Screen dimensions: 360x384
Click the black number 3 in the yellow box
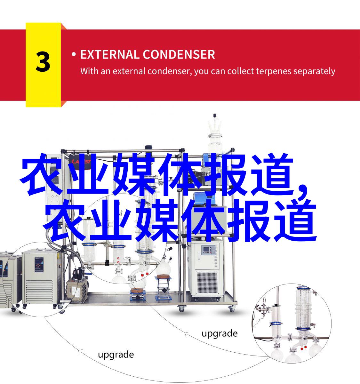(x=43, y=62)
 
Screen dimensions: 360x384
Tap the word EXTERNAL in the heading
(x=110, y=54)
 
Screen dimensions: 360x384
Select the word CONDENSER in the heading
(x=179, y=54)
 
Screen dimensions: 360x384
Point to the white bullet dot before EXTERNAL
(x=74, y=54)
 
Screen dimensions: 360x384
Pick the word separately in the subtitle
(x=314, y=72)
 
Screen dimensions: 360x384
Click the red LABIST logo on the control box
(x=81, y=162)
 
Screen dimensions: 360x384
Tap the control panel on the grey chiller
(x=39, y=264)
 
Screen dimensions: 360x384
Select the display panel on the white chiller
(x=209, y=250)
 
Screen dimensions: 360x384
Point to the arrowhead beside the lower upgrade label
(x=79, y=352)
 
